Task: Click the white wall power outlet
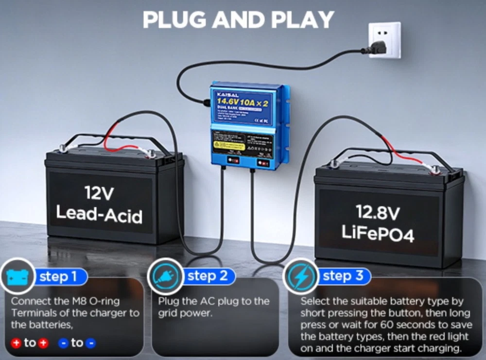point(384,40)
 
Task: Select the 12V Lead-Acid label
point(99,204)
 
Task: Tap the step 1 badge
point(59,277)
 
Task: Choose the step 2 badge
point(208,276)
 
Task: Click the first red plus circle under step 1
point(16,343)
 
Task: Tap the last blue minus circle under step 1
point(90,343)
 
